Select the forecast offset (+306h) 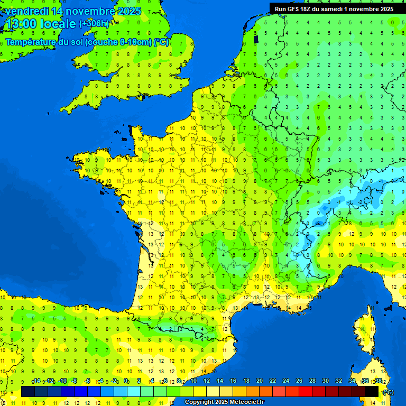pyautogui.click(x=94, y=24)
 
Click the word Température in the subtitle pyautogui.click(x=31, y=42)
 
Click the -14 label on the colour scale pyautogui.click(x=36, y=381)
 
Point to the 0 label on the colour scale pyautogui.click(x=126, y=381)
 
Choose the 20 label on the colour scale pyautogui.click(x=259, y=381)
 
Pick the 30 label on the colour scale pyautogui.click(x=325, y=381)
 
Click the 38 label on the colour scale pyautogui.click(x=378, y=381)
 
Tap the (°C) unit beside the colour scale pyautogui.click(x=388, y=392)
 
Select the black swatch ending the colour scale pyautogui.click(x=372, y=391)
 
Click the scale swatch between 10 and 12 pyautogui.click(x=200, y=391)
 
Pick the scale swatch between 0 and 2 pyautogui.click(x=134, y=391)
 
